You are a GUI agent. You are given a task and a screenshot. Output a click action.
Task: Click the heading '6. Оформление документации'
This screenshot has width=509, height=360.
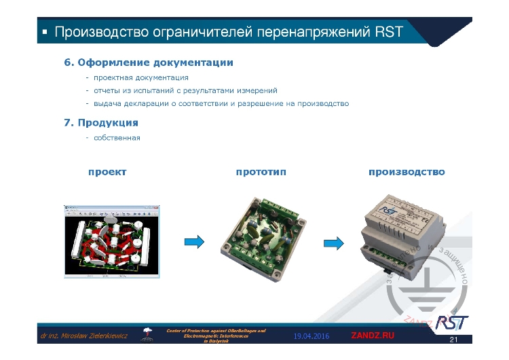click(x=149, y=62)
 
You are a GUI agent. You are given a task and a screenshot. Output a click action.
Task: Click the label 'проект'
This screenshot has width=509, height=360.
click(x=107, y=172)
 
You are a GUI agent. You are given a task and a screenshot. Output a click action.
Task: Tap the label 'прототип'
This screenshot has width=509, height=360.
click(x=261, y=172)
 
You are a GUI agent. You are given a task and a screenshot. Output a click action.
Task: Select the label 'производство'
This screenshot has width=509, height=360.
click(x=407, y=172)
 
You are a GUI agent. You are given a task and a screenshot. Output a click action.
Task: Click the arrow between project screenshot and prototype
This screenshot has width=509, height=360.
click(x=195, y=241)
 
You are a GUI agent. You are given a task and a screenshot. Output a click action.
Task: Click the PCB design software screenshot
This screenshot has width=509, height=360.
click(x=112, y=240)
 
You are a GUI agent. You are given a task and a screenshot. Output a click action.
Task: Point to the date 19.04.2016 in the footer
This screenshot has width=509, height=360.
click(x=312, y=336)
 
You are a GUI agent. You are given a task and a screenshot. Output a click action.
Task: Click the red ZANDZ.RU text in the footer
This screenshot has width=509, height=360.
click(x=372, y=336)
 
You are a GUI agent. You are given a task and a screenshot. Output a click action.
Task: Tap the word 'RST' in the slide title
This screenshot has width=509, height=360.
click(x=388, y=32)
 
